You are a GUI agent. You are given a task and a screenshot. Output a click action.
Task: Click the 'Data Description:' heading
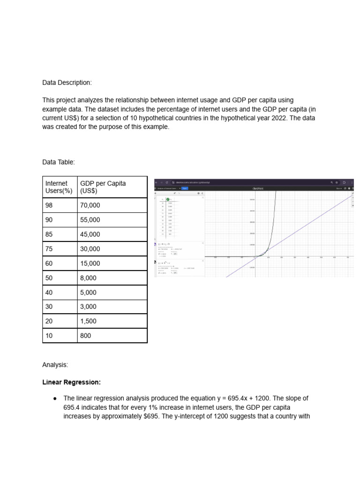pyautogui.click(x=67, y=82)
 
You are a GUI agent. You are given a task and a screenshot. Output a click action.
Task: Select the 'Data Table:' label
pyautogui.click(x=58, y=162)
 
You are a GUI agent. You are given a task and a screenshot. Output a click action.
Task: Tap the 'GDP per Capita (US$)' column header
pyautogui.click(x=103, y=187)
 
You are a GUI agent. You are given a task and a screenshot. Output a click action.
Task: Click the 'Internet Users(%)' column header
pyautogui.click(x=59, y=187)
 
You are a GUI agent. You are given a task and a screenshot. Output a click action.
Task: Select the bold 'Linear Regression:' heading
pyautogui.click(x=71, y=382)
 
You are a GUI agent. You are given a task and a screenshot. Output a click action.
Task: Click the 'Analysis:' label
pyautogui.click(x=55, y=364)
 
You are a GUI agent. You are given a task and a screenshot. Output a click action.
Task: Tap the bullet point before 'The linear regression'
pyautogui.click(x=55, y=398)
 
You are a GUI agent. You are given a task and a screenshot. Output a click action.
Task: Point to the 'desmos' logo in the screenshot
pyautogui.click(x=258, y=188)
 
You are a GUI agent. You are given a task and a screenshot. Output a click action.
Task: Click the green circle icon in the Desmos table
pyautogui.click(x=168, y=199)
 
